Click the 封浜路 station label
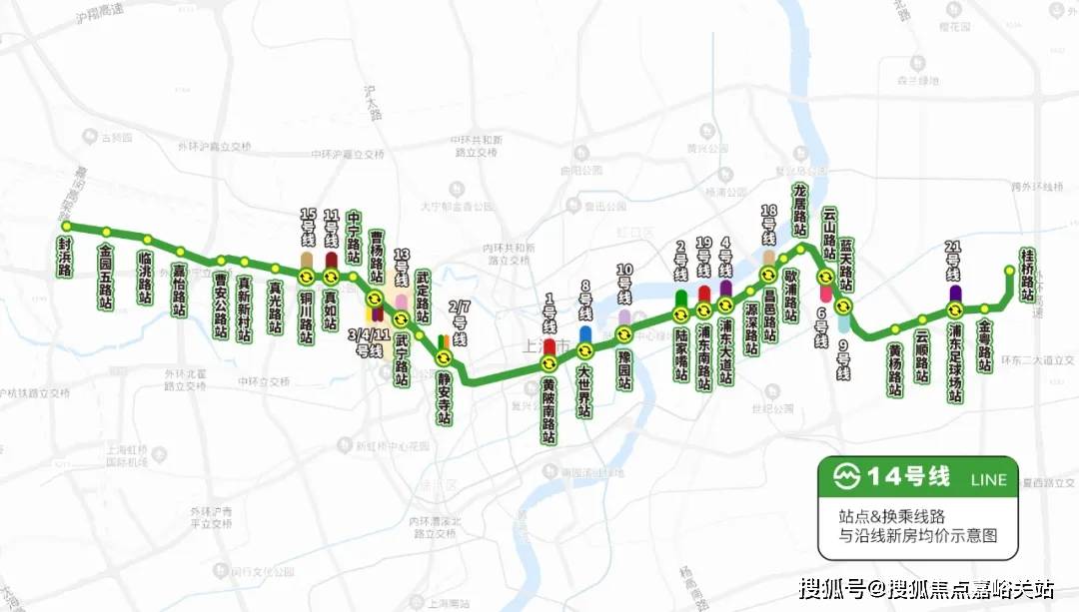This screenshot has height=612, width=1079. (x=64, y=257)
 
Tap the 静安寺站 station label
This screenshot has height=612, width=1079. (x=443, y=397)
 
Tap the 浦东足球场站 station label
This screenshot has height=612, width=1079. (x=956, y=363)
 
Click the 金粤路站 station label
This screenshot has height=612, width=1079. (x=985, y=345)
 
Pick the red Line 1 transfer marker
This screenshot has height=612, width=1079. (x=548, y=346)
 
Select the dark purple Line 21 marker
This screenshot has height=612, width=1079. (x=956, y=294)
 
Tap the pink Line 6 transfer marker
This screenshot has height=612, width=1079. (x=826, y=294)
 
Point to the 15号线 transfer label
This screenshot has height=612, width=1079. (x=307, y=229)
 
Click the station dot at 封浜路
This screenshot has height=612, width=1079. (x=66, y=226)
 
